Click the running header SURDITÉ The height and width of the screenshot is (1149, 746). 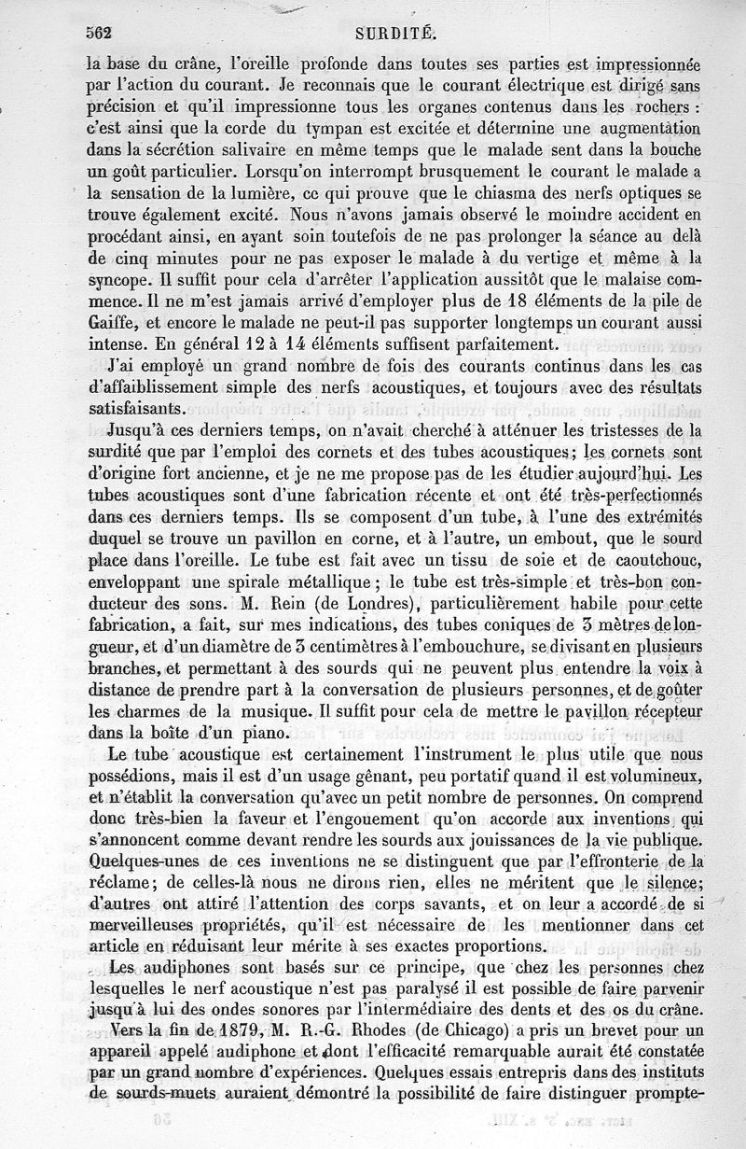(391, 34)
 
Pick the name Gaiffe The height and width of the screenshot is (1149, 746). (108, 322)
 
